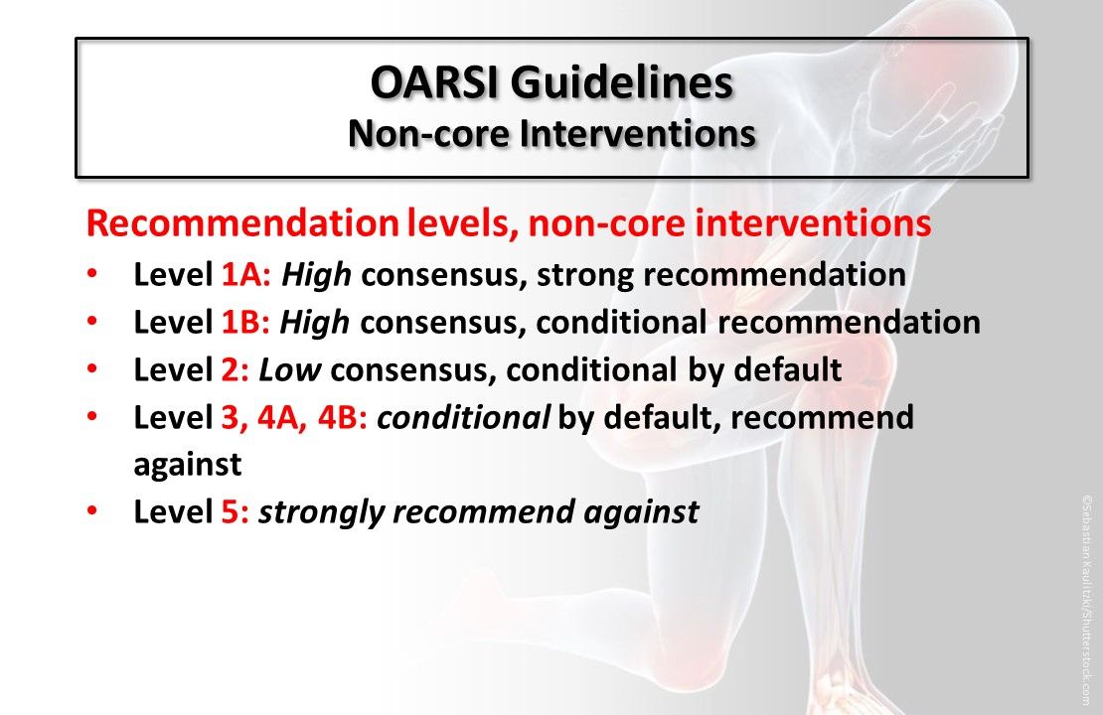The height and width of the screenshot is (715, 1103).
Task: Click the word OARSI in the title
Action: click(x=434, y=83)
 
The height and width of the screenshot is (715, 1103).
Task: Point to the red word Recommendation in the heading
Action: click(x=241, y=224)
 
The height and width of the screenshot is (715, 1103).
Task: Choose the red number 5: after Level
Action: click(x=235, y=512)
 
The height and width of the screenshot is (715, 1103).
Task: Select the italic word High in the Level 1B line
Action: click(x=317, y=323)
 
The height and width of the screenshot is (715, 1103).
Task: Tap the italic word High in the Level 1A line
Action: click(x=317, y=275)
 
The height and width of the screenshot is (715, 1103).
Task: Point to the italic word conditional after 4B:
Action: click(x=464, y=418)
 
